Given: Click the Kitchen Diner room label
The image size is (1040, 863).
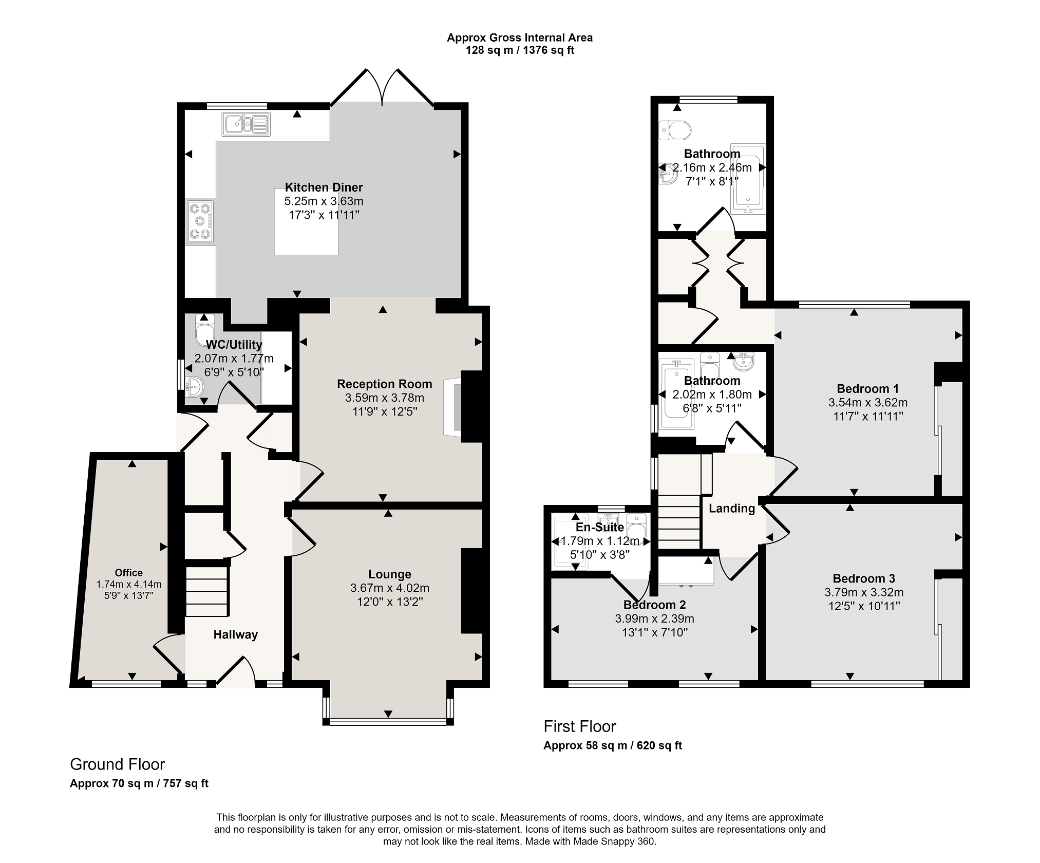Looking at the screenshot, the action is tap(324, 187).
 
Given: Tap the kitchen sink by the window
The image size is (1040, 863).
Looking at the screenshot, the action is tap(246, 124).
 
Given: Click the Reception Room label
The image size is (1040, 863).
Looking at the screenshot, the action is tap(385, 384).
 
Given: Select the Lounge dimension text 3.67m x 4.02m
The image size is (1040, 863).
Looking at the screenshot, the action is tap(390, 588).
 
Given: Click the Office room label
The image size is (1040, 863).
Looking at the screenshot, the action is tap(129, 573).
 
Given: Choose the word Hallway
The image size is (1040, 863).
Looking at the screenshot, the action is tap(236, 635).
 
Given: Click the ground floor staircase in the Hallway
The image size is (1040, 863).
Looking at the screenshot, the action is tap(206, 591).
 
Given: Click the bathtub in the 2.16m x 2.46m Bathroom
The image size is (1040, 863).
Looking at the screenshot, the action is tap(748, 179).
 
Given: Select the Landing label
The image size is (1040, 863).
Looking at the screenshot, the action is tap(732, 509).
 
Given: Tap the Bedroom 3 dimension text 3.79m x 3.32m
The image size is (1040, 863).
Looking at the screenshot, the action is tap(864, 592).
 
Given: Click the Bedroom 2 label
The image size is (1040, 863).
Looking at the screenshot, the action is tap(654, 605).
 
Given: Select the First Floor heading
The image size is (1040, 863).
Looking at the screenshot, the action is tap(580, 726).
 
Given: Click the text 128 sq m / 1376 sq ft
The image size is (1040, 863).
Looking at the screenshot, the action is tap(520, 50).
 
